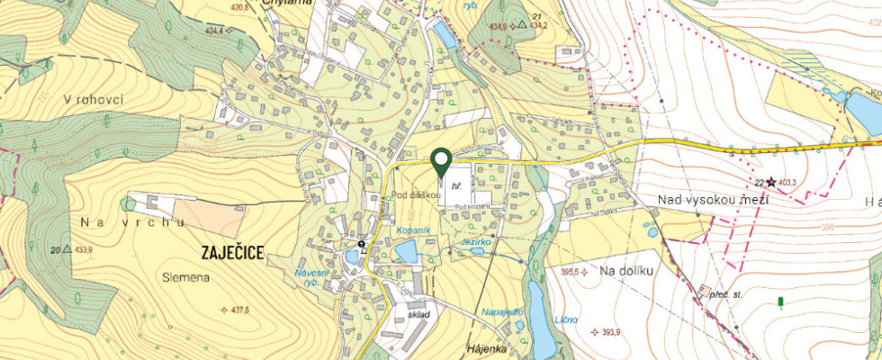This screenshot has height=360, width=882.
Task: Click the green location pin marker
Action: (441, 161)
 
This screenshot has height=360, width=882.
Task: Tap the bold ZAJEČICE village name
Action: (228, 253)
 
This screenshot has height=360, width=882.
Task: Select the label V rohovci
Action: (92, 100)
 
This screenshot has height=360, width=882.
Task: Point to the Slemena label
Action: (186, 277)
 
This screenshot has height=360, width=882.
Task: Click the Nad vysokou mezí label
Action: (712, 199)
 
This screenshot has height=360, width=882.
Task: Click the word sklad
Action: (419, 314)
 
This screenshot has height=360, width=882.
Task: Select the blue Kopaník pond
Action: (406, 251)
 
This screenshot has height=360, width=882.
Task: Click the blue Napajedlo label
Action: (502, 310)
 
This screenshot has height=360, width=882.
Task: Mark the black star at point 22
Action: (769, 182)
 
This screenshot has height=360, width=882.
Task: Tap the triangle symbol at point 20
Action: (67, 248)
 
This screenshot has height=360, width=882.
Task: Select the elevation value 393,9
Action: (610, 332)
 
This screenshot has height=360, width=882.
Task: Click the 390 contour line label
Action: (827, 227)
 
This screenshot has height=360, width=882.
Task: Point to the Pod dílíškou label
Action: (414, 194)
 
